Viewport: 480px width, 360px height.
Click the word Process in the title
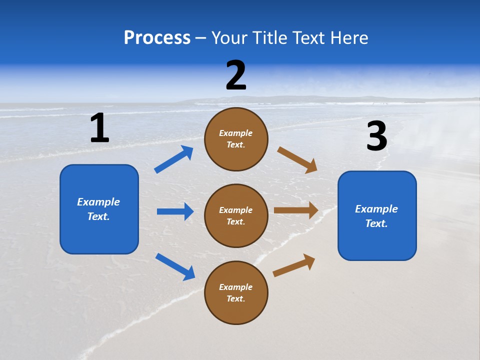click(x=157, y=38)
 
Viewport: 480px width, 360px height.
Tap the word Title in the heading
click(x=268, y=38)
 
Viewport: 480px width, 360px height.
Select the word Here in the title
click(x=348, y=38)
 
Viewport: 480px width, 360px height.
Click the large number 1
click(x=99, y=128)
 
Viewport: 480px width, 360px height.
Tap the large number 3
click(x=376, y=136)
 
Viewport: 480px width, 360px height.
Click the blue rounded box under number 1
click(x=99, y=209)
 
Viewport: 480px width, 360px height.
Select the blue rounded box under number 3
click(x=377, y=215)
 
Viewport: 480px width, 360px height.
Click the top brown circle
click(x=236, y=139)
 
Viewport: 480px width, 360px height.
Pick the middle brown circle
click(x=236, y=215)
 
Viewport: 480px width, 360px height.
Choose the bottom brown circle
click(x=236, y=292)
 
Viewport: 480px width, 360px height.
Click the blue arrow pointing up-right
click(x=174, y=159)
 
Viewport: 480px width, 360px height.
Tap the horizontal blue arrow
click(x=175, y=211)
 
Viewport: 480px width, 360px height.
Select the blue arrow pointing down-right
click(x=175, y=266)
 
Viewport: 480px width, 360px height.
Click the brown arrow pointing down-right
click(x=297, y=160)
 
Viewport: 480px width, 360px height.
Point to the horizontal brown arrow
click(x=296, y=210)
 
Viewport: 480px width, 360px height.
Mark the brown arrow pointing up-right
click(x=294, y=265)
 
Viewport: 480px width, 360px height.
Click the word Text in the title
click(x=310, y=38)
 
